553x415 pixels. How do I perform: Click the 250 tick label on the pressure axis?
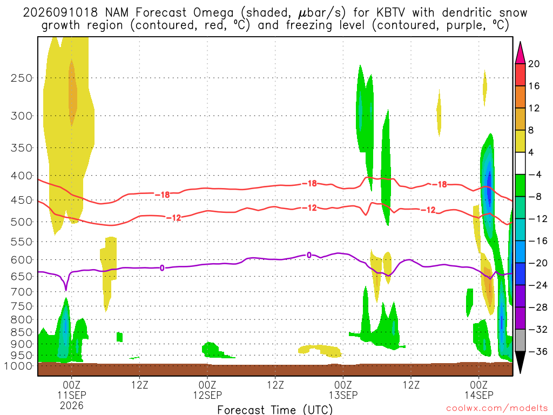tap(22, 78)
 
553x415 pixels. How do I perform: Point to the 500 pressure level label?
tap(22, 222)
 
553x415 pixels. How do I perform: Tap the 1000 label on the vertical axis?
tap(18, 366)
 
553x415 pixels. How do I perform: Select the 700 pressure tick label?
tap(22, 292)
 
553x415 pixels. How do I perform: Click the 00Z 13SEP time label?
tap(343, 390)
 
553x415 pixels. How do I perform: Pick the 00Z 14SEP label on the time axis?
tap(479, 390)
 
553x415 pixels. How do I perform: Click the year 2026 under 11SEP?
tap(72, 405)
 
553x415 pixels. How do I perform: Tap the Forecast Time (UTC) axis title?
tap(275, 410)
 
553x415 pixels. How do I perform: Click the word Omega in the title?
tap(213, 13)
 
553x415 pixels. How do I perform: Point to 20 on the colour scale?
tap(534, 64)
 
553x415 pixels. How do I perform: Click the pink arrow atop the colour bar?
tap(520, 53)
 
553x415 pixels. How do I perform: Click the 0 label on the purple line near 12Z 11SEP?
tap(162, 268)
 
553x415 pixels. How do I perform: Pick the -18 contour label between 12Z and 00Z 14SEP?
tap(440, 184)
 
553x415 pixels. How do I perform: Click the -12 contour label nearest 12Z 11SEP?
tap(173, 218)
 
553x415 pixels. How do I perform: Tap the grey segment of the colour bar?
tap(520, 340)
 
